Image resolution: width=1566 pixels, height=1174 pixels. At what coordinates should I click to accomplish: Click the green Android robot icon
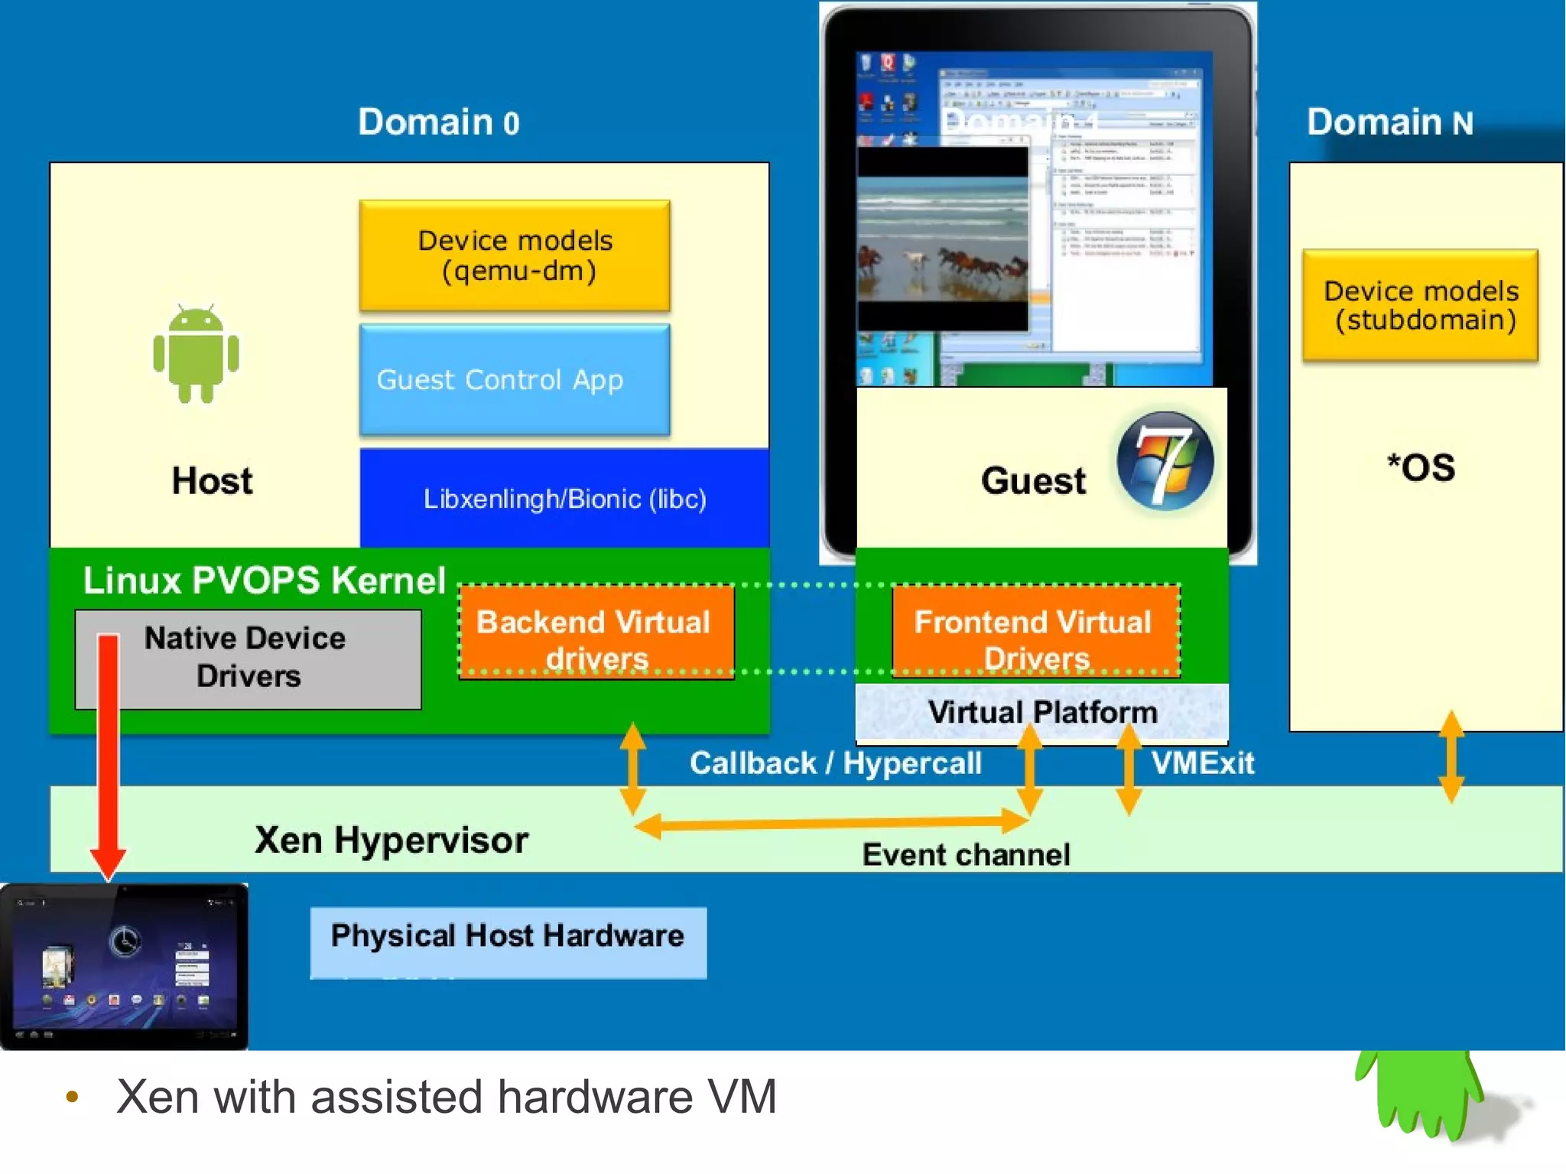(x=196, y=353)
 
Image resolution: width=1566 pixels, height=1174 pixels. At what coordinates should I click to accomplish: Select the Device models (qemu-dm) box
(x=515, y=255)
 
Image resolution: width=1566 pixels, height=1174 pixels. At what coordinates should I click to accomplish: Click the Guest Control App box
(x=515, y=380)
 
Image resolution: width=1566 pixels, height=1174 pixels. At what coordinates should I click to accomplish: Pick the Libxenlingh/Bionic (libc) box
(x=564, y=499)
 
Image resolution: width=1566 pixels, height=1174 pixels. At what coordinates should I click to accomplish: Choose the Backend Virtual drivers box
(x=595, y=632)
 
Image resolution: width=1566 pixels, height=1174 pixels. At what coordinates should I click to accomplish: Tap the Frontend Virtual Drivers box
(x=1035, y=632)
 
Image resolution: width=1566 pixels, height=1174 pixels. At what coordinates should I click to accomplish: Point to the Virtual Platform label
(x=1041, y=713)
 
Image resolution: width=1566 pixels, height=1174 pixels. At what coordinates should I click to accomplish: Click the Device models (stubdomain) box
(x=1420, y=305)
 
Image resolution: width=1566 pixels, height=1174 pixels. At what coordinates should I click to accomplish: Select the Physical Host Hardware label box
(x=508, y=941)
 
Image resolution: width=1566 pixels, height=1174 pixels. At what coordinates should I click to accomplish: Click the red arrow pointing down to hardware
(x=108, y=750)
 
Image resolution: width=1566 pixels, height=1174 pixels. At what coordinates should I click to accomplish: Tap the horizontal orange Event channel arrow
(x=830, y=824)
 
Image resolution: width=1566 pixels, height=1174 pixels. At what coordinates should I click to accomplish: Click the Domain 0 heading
(x=439, y=122)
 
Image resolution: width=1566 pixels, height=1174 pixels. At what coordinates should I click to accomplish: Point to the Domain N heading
(x=1389, y=122)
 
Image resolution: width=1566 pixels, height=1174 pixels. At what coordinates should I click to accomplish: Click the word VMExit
(x=1202, y=763)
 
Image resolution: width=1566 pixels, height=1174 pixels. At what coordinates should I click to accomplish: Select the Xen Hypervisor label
(x=391, y=840)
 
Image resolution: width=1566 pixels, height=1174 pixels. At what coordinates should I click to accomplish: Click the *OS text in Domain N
(x=1421, y=468)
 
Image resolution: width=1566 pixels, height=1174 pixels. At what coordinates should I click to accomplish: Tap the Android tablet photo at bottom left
(x=124, y=966)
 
